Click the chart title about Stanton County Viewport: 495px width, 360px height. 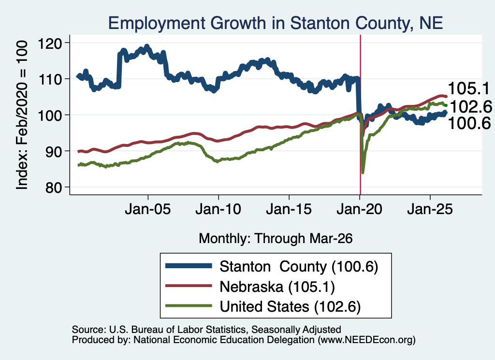(275, 23)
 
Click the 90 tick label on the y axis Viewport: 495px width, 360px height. (53, 152)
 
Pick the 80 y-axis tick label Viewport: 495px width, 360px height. (53, 187)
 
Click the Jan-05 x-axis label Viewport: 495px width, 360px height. (148, 209)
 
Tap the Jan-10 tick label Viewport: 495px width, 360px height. (218, 209)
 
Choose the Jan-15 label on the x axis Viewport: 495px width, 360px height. (289, 209)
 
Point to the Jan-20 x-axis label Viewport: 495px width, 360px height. (359, 209)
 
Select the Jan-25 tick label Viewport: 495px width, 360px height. (430, 209)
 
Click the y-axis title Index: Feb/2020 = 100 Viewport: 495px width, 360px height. (22, 115)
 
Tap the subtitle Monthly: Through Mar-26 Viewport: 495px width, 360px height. (276, 239)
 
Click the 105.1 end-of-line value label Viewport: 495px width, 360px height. (468, 88)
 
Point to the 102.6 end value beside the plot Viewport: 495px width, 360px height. (471, 107)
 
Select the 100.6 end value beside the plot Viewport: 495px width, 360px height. (469, 123)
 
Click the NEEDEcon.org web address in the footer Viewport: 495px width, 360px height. (366, 340)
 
